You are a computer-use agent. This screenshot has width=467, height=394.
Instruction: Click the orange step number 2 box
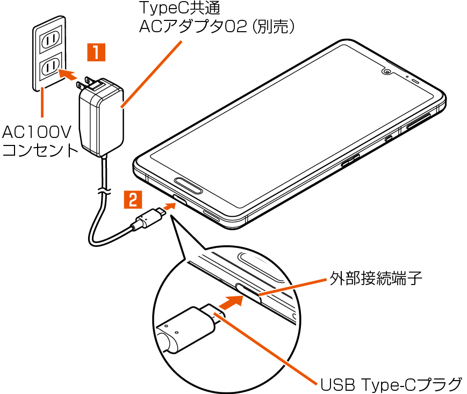click(133, 200)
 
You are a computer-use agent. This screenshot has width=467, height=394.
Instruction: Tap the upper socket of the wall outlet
click(50, 39)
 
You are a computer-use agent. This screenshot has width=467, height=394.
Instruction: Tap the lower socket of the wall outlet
click(50, 67)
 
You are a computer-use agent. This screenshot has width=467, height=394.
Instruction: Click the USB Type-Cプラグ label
click(391, 384)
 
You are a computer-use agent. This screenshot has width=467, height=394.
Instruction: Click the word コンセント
click(40, 150)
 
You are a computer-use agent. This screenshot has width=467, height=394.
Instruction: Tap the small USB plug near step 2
click(148, 218)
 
